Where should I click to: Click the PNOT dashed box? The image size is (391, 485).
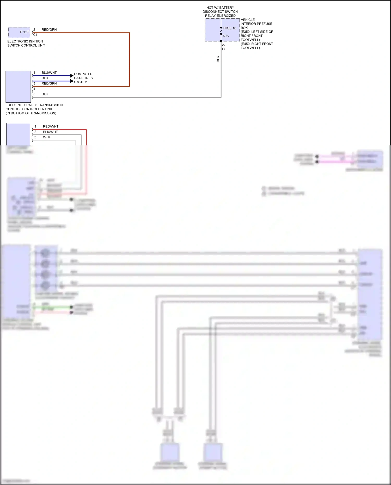coord(19,32)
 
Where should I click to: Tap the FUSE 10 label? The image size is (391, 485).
coord(229,28)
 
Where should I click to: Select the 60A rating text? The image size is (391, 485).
coord(226,36)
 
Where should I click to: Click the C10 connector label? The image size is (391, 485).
coord(223,47)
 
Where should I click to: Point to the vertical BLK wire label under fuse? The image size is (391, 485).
coord(218,59)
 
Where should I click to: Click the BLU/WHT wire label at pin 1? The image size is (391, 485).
coord(49,73)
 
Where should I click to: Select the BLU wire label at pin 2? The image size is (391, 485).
coord(45,78)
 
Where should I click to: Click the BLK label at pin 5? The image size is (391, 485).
coord(45,94)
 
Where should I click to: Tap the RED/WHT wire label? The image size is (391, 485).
coord(51,126)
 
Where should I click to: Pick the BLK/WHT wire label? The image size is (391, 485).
coord(50,132)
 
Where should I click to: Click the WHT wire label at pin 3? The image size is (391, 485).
coord(47,137)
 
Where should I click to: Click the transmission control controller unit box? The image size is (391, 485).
coord(18,87)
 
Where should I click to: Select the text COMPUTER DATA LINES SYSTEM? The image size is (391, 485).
coord(83,78)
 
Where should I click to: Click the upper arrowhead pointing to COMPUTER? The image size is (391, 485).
coord(72,76)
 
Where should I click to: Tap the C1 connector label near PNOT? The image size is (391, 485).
coord(35,35)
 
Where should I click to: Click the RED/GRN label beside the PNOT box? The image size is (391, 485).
coord(49,30)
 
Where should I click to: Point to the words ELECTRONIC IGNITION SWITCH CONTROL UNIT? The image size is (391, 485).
coord(26,43)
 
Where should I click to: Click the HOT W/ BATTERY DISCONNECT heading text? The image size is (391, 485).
coord(220,12)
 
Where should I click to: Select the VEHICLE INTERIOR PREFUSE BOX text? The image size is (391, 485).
coord(256,24)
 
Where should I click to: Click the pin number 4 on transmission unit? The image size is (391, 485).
coord(34,89)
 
